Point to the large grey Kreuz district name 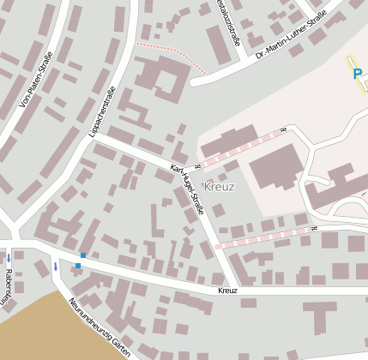click(x=220, y=186)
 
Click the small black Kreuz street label click(x=227, y=291)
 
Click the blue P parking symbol click(x=357, y=75)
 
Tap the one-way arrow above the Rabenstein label click(x=9, y=257)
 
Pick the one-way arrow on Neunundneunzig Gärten click(x=56, y=267)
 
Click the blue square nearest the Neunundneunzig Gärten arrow click(x=77, y=266)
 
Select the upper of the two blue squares click(x=83, y=255)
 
